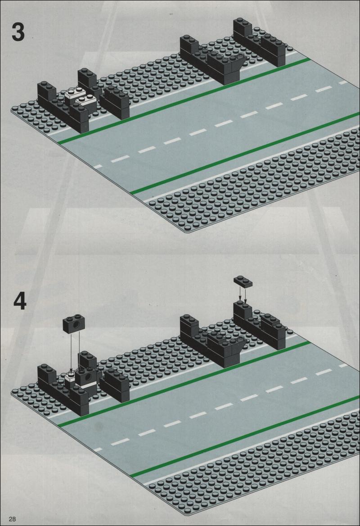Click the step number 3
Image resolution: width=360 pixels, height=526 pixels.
[18, 32]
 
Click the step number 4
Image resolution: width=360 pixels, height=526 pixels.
[20, 301]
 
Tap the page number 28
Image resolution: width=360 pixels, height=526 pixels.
[13, 519]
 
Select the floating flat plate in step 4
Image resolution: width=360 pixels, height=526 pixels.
[243, 281]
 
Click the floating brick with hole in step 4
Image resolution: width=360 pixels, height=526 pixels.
[74, 324]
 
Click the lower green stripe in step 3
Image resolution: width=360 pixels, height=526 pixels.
[245, 154]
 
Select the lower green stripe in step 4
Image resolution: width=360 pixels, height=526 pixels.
[245, 436]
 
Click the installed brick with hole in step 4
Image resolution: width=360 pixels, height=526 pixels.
[87, 376]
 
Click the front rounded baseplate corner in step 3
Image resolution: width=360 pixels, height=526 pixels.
[185, 231]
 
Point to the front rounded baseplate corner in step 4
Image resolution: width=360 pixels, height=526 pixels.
[185, 514]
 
